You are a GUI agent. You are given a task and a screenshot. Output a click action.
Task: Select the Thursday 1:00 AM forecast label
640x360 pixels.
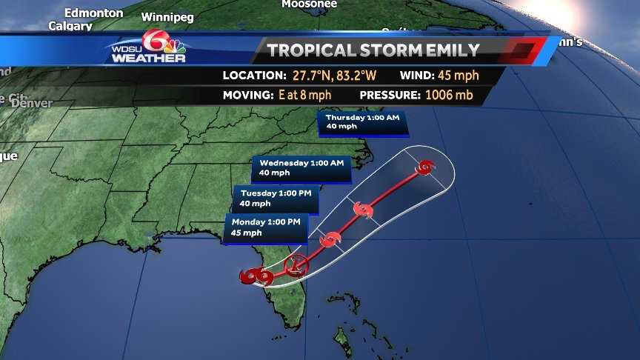coord(363,121)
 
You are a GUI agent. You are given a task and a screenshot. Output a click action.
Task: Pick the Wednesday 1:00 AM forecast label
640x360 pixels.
coord(299,167)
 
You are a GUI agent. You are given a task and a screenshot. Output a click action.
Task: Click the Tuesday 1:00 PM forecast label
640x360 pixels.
coord(276,198)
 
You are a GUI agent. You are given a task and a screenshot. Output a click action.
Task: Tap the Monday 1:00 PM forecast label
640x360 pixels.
coord(266,227)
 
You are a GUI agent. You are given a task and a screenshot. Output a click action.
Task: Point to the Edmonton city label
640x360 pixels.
coord(93,13)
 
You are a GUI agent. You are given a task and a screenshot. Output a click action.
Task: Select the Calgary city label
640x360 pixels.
coord(70,26)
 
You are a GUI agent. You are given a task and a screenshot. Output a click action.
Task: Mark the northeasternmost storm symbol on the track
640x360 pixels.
coord(424,167)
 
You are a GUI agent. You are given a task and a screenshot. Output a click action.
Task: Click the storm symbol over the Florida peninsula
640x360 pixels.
coord(296,263)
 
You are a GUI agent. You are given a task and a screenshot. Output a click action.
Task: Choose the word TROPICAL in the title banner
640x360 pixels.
coord(315,50)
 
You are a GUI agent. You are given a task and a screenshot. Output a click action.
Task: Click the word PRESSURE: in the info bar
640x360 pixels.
coord(390,95)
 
